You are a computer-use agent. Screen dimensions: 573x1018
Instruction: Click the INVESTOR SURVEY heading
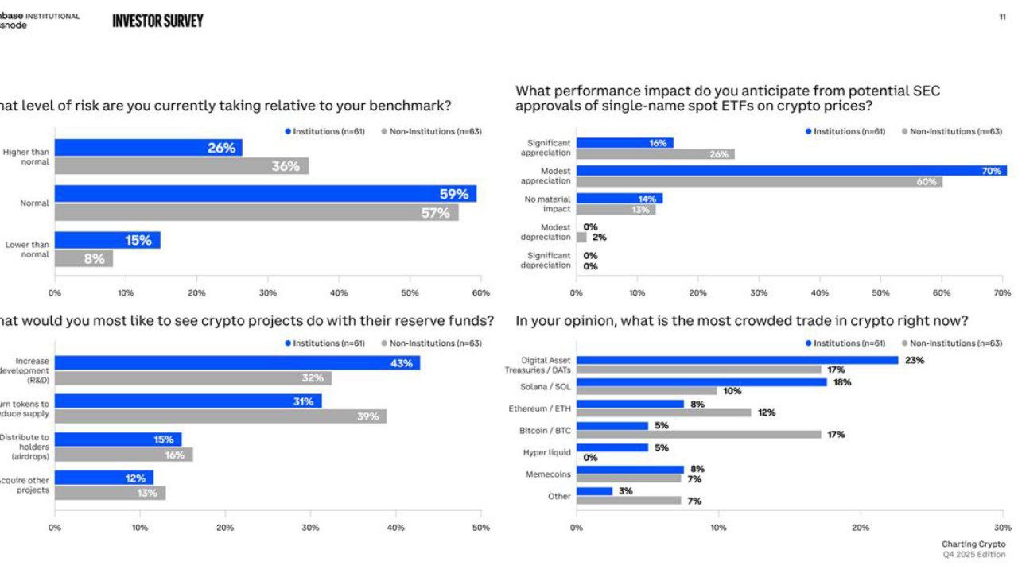[157, 21]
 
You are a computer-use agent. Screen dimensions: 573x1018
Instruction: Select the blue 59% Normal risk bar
[266, 194]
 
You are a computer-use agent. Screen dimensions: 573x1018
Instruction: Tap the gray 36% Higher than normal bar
[181, 166]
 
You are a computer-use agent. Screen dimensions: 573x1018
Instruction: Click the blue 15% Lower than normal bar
[107, 240]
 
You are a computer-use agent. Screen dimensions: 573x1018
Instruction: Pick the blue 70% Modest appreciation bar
[791, 171]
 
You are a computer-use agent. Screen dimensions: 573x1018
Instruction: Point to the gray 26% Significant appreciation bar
[655, 154]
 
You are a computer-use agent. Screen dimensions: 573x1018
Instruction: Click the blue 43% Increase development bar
[237, 363]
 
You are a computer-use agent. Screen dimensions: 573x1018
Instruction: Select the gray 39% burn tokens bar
[220, 416]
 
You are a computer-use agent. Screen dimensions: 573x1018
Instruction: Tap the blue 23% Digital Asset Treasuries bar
[737, 360]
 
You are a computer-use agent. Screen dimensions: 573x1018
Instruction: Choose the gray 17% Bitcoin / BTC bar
[699, 435]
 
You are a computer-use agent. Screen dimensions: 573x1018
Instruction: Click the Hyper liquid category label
[546, 452]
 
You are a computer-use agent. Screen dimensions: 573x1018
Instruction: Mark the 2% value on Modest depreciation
[599, 237]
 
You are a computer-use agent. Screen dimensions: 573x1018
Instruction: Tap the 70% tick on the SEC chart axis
[1002, 293]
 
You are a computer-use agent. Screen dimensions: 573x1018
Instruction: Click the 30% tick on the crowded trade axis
[1002, 527]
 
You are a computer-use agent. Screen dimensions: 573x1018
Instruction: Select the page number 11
[1002, 17]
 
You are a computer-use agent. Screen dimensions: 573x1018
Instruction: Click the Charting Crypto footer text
[973, 544]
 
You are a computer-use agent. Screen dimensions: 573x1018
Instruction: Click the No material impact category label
[547, 204]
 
